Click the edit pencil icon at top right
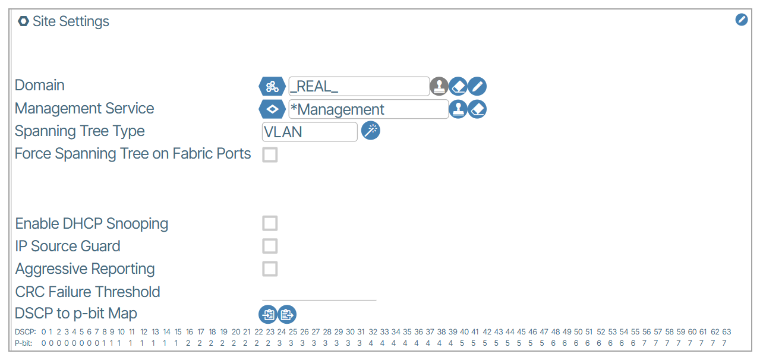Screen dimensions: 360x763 [741, 20]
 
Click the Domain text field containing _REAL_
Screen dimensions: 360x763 [358, 86]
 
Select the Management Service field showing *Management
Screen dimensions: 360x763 [368, 109]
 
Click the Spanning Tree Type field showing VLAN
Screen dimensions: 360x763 [310, 132]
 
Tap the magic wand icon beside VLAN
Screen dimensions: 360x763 [370, 131]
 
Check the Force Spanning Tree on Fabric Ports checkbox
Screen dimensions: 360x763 [270, 155]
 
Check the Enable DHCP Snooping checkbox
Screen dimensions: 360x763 [270, 223]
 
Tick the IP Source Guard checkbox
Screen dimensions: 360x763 [270, 246]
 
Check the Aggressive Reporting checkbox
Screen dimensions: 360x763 [270, 269]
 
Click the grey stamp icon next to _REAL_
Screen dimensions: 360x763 [439, 86]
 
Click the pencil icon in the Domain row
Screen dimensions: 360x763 [477, 86]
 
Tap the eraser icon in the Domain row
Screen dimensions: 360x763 [458, 86]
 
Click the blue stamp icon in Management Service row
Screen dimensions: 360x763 [458, 109]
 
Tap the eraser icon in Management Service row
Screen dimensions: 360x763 [477, 109]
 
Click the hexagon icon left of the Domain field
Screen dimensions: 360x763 [272, 86]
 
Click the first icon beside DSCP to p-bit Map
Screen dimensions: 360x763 [268, 314]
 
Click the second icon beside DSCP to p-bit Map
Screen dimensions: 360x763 [287, 314]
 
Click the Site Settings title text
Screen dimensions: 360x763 [71, 21]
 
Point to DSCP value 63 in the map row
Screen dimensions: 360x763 [726, 332]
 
